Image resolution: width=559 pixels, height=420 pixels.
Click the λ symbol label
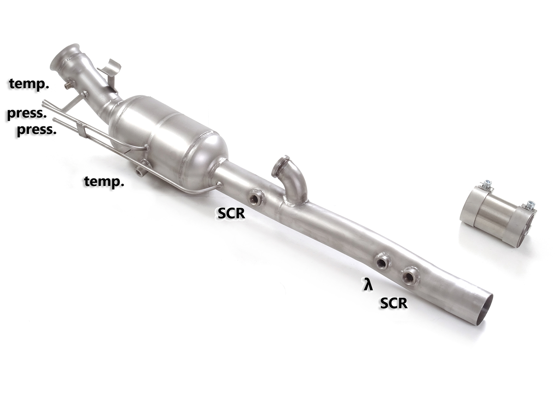pos(369,286)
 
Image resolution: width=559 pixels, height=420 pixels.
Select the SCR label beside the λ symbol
pos(393,303)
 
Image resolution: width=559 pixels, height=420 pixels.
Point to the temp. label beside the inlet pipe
pos(29,84)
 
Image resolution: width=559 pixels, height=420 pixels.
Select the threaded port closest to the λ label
pos(383,262)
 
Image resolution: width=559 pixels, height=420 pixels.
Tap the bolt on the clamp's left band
pos(486,185)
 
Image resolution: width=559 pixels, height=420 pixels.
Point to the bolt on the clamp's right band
pos(530,205)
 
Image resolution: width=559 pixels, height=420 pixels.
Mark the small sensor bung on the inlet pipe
pos(69,85)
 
